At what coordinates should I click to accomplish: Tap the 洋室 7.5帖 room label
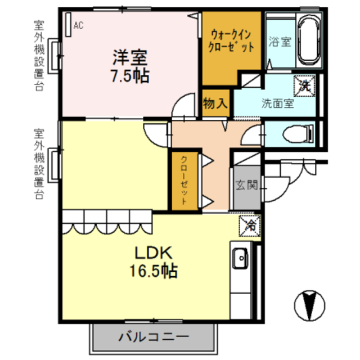coord(130,66)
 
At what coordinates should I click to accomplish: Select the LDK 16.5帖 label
coord(155,262)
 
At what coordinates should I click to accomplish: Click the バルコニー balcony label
coord(154,337)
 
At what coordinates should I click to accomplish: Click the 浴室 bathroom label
coord(279,42)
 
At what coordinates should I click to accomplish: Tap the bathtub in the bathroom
coord(308,40)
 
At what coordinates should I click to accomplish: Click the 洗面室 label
coord(277,103)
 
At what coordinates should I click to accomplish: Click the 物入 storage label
coord(215,103)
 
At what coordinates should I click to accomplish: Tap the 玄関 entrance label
coord(246,184)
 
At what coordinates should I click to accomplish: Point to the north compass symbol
coord(309,306)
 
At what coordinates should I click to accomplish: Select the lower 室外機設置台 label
coord(39,164)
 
